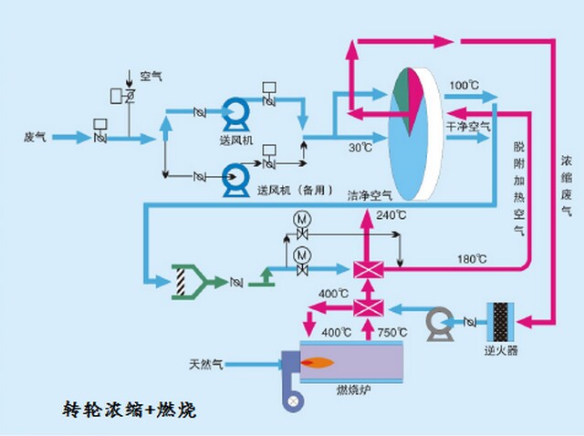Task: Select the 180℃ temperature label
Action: point(472,259)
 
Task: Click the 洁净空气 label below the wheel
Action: point(369,194)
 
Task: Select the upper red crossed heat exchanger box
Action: point(368,269)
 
